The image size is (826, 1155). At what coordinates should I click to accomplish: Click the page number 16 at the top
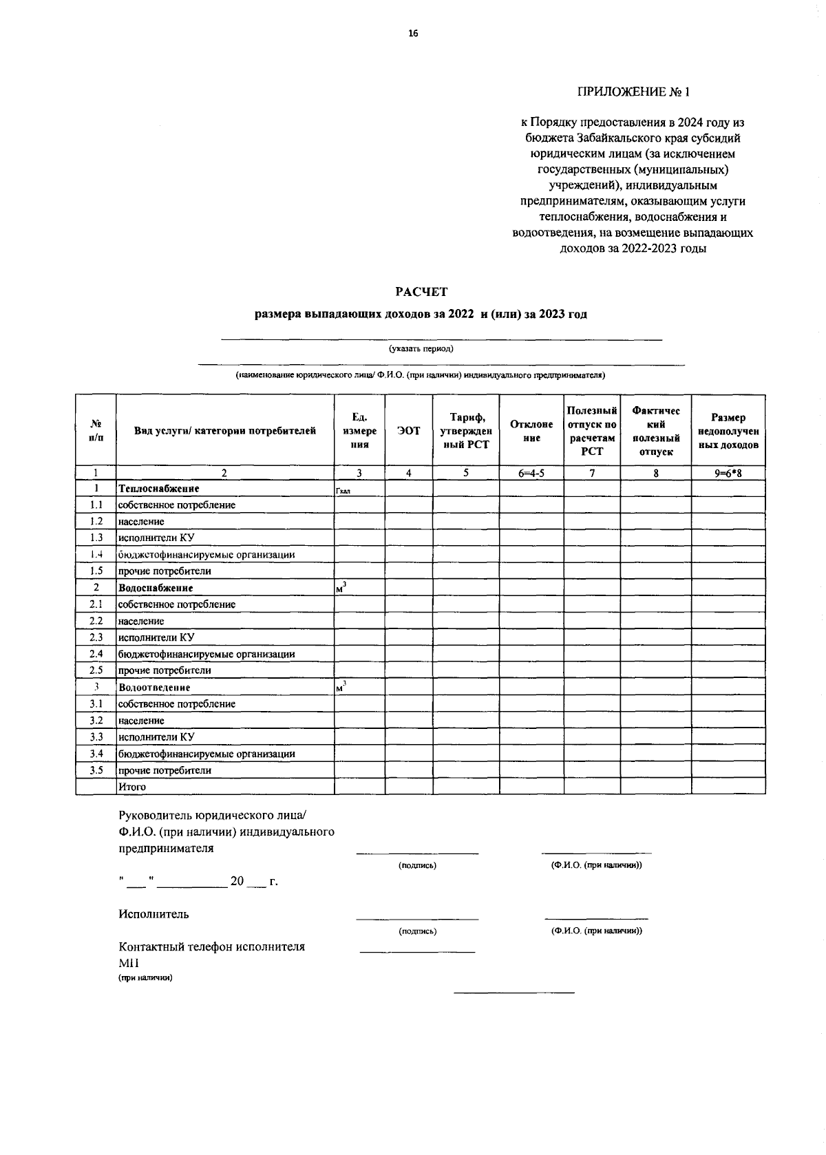pyautogui.click(x=413, y=33)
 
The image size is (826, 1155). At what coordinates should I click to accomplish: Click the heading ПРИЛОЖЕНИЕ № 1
pyautogui.click(x=633, y=92)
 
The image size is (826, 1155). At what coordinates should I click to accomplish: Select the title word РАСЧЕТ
pyautogui.click(x=421, y=292)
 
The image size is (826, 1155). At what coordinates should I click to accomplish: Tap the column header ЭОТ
pyautogui.click(x=409, y=430)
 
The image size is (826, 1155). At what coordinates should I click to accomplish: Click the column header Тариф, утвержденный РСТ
pyautogui.click(x=465, y=430)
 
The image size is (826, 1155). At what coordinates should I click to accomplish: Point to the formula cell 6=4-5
pyautogui.click(x=531, y=473)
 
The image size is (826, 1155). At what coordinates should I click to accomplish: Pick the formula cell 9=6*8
pyautogui.click(x=728, y=473)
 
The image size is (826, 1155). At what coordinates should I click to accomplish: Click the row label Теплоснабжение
pyautogui.click(x=159, y=489)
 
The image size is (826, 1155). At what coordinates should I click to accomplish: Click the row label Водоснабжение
pyautogui.click(x=156, y=589)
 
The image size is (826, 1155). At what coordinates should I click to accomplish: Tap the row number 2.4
pyautogui.click(x=96, y=654)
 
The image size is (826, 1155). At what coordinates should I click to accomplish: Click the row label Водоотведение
pyautogui.click(x=154, y=688)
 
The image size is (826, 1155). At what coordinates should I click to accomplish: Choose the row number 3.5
pyautogui.click(x=96, y=770)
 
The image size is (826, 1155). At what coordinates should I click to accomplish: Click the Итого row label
pyautogui.click(x=132, y=787)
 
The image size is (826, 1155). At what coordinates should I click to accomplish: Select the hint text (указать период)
pyautogui.click(x=421, y=348)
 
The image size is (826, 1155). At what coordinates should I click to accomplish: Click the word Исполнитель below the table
pyautogui.click(x=153, y=915)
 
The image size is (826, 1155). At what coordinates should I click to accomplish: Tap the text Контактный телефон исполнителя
pyautogui.click(x=211, y=946)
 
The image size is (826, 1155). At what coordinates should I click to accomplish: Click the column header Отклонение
pyautogui.click(x=531, y=431)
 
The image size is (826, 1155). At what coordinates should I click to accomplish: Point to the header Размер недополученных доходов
pyautogui.click(x=728, y=431)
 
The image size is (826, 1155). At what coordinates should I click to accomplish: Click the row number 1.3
pyautogui.click(x=96, y=538)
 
